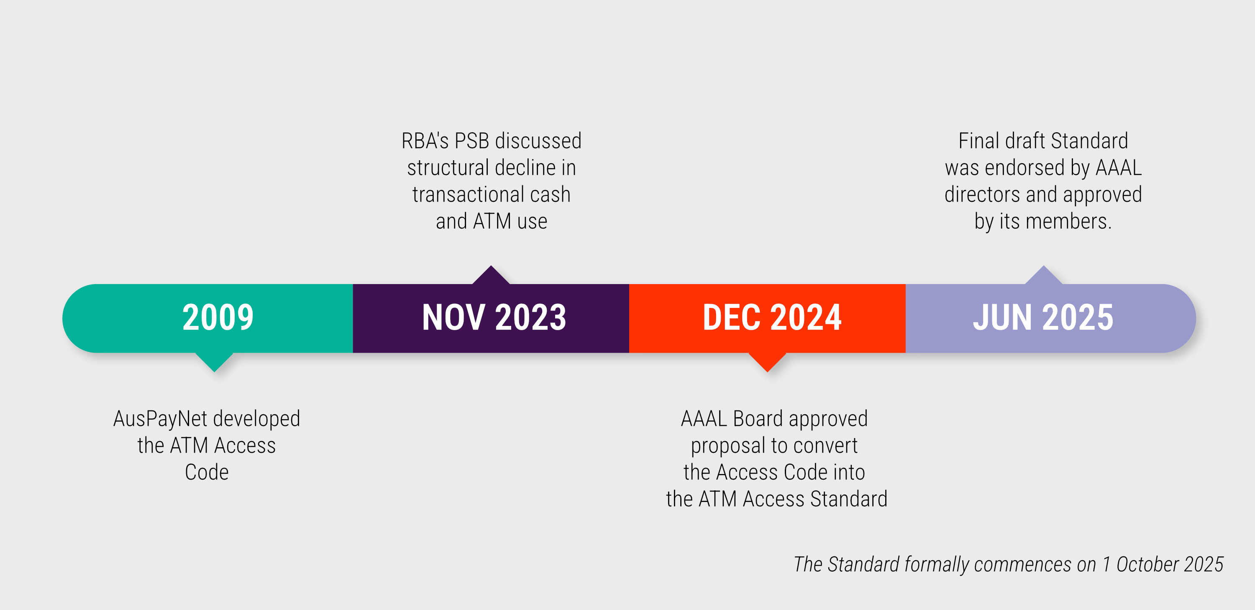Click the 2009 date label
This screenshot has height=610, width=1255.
218,318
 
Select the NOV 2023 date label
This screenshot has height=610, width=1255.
494,318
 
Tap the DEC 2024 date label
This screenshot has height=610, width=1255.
772,318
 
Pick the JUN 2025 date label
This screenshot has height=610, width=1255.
1043,318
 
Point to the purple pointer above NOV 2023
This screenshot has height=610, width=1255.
491,275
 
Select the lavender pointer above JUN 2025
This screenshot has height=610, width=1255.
1044,275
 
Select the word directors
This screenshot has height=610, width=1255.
982,195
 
